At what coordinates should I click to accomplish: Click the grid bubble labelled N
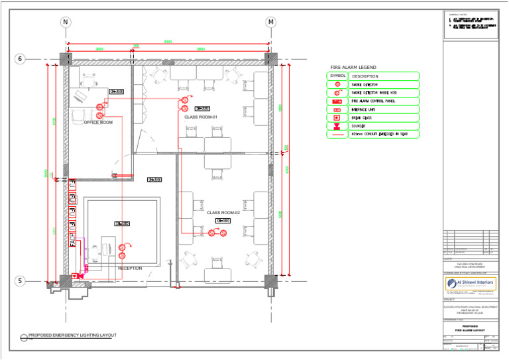pos(66,22)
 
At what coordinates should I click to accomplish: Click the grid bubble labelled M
pos(270,22)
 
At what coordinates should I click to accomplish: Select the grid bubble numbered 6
pos(20,59)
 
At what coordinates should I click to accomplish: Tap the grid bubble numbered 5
pos(20,281)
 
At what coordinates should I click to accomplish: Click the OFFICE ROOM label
pos(98,123)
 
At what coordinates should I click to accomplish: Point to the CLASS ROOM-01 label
pos(201,117)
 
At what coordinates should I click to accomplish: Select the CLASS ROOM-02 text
pos(223,213)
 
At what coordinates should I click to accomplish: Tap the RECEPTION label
pos(130,269)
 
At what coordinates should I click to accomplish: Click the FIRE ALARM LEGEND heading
pos(353,68)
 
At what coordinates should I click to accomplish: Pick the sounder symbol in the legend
pos(337,126)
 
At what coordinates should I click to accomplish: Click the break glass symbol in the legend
pos(337,117)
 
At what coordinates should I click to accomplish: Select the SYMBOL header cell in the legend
pos(337,76)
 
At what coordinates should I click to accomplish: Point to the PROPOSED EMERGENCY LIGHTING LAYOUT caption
pos(73,335)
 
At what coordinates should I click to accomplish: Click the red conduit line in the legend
pos(337,135)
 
